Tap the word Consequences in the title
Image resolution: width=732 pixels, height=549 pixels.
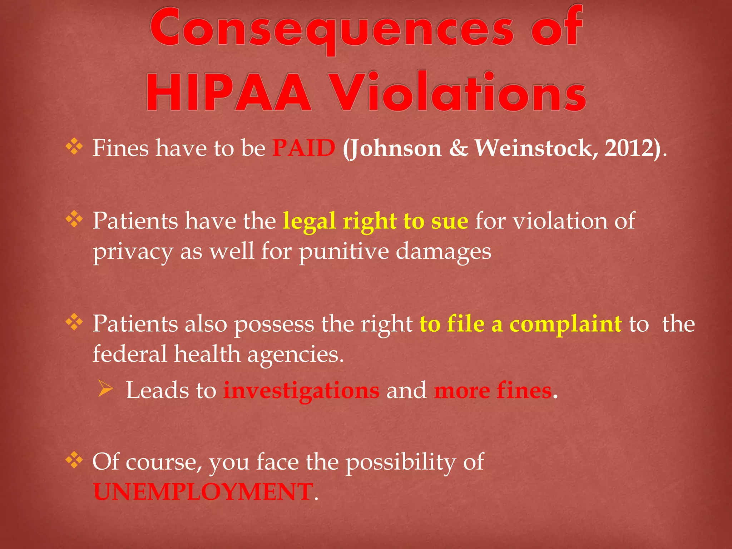click(x=332, y=29)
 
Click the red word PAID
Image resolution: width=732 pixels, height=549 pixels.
click(x=304, y=148)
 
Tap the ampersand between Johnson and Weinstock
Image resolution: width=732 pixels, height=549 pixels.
click(x=458, y=148)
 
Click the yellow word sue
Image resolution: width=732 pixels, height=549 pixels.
click(x=449, y=221)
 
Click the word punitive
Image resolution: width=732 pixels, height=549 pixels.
click(x=344, y=251)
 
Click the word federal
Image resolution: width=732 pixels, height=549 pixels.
click(x=130, y=354)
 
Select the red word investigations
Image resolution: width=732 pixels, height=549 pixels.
click(x=301, y=390)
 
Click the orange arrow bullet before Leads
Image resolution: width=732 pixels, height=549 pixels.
click(x=105, y=389)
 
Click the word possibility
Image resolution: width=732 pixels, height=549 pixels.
click(x=401, y=462)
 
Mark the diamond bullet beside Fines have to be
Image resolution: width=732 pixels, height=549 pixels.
click(x=74, y=147)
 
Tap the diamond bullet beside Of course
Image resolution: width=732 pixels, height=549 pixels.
click(x=74, y=460)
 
